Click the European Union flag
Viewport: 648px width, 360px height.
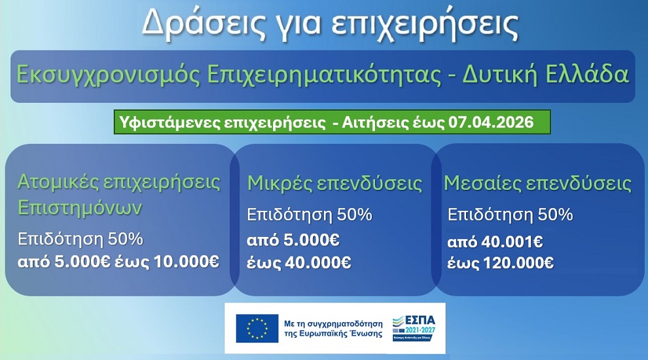(x=257, y=327)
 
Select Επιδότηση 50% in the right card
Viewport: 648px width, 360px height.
(x=510, y=215)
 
